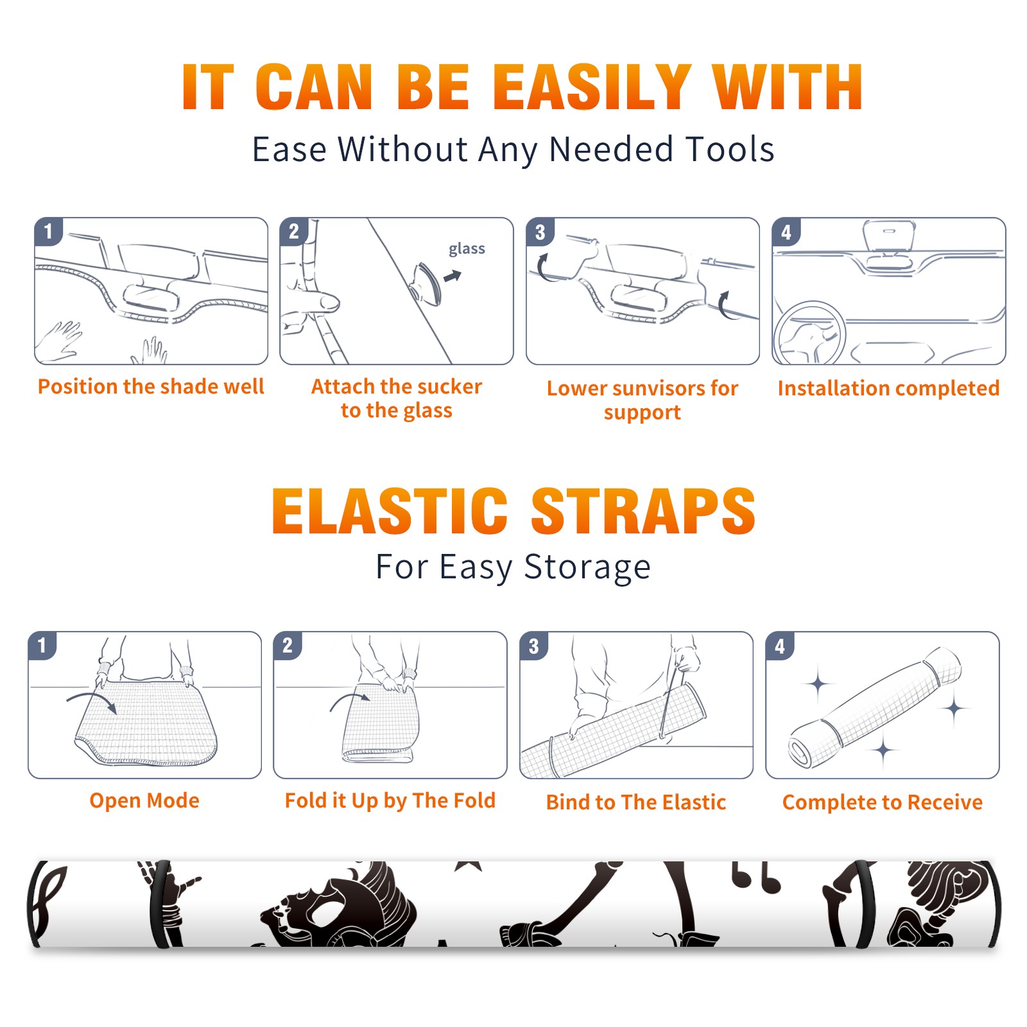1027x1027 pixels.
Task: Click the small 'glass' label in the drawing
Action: pyautogui.click(x=467, y=249)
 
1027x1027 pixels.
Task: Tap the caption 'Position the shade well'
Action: pyautogui.click(x=151, y=386)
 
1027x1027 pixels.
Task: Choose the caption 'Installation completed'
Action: pyautogui.click(x=888, y=388)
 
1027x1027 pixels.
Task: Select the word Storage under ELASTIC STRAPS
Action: pyautogui.click(x=587, y=567)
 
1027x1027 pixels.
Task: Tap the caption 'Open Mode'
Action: pyautogui.click(x=144, y=800)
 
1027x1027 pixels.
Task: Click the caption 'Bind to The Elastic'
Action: pyautogui.click(x=636, y=802)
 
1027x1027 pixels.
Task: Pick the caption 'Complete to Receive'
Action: pyautogui.click(x=883, y=802)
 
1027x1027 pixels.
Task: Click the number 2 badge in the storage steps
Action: pyautogui.click(x=288, y=646)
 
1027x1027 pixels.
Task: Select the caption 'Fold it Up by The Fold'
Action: pyautogui.click(x=390, y=800)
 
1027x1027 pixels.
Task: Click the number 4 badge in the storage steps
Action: pyautogui.click(x=780, y=646)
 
